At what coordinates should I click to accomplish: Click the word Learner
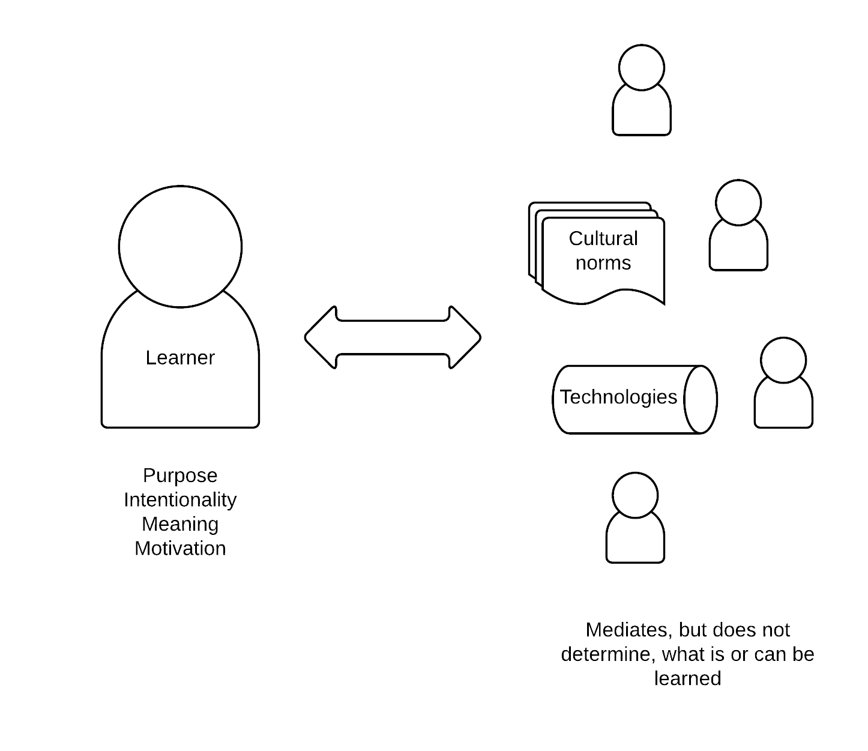click(180, 358)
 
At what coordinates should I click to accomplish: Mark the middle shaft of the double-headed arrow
click(393, 337)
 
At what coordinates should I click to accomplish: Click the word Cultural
click(603, 238)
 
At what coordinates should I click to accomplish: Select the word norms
click(603, 263)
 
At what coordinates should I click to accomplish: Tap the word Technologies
click(618, 397)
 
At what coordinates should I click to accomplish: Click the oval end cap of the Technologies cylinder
click(701, 399)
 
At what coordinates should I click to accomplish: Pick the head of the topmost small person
click(641, 68)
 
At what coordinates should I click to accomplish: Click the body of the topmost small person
click(641, 114)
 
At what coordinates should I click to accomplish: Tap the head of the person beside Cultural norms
click(738, 203)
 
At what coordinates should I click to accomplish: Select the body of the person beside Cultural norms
click(738, 249)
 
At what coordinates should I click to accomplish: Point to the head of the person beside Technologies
click(783, 360)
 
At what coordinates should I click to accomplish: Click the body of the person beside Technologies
click(783, 407)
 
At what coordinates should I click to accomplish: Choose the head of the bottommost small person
click(635, 495)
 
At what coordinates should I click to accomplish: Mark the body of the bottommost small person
click(635, 542)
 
